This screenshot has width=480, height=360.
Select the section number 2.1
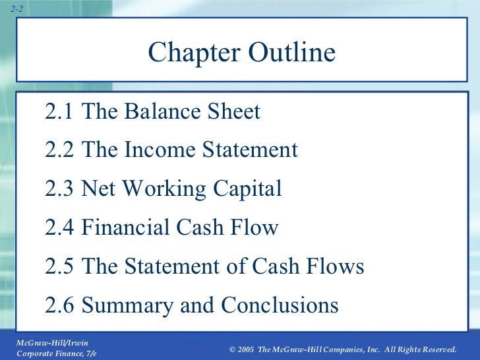point(60,112)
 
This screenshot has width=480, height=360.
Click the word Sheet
point(234,112)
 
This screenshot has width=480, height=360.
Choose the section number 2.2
point(60,150)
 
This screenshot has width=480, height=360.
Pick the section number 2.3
point(60,189)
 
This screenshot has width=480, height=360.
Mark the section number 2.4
point(60,228)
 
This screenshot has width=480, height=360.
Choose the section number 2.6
point(60,305)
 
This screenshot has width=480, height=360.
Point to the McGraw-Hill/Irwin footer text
point(51,342)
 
